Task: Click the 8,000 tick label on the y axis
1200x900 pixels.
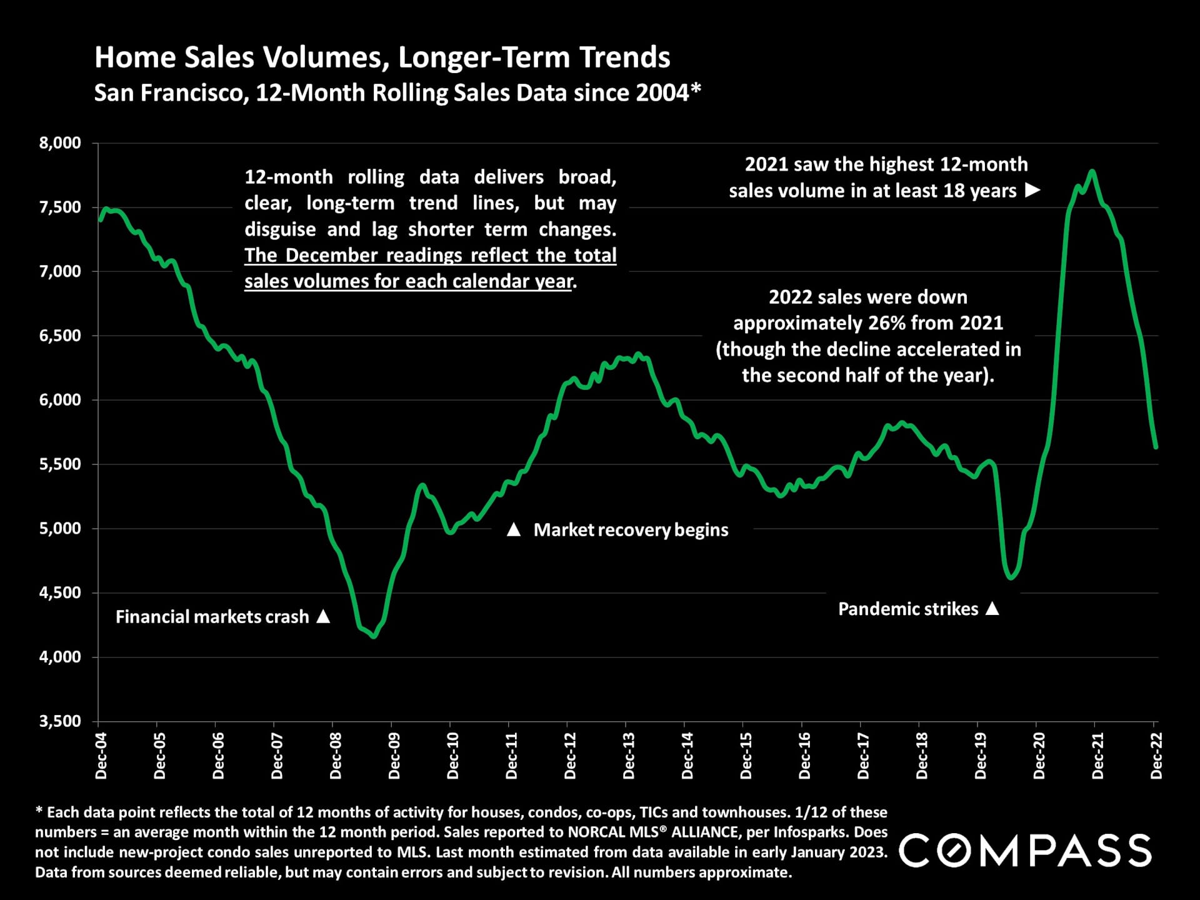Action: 60,143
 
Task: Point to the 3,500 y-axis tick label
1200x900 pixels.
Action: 60,721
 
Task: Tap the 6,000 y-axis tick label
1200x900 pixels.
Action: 60,400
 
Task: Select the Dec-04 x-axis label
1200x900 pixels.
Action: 101,756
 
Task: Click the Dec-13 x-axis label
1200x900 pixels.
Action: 629,756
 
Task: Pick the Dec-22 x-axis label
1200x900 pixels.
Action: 1157,756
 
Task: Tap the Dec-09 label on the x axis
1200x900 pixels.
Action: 394,756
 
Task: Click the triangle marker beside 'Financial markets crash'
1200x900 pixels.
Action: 323,616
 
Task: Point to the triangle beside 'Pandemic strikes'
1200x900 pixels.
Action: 992,608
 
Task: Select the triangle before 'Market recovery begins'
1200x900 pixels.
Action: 513,530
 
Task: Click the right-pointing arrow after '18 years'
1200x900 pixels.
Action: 1032,190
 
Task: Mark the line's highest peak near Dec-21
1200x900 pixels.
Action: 1092,171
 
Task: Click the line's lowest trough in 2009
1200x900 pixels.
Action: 374,636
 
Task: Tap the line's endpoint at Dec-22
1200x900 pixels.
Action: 1156,447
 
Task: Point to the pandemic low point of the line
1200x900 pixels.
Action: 1011,577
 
